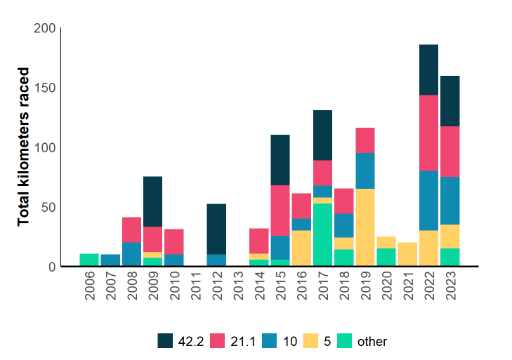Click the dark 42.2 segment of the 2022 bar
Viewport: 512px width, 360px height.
tap(428, 69)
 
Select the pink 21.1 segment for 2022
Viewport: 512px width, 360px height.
tap(428, 133)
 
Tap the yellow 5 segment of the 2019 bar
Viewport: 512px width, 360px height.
tap(365, 227)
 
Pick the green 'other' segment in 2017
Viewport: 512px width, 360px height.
tap(322, 234)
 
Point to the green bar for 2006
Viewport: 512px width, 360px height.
tap(89, 260)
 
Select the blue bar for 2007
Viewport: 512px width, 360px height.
tap(110, 260)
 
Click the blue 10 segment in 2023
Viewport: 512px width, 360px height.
tap(449, 200)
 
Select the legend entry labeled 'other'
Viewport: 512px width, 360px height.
tap(372, 342)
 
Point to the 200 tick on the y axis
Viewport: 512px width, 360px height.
tap(44, 29)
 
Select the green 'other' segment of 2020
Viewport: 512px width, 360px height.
tap(386, 258)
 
